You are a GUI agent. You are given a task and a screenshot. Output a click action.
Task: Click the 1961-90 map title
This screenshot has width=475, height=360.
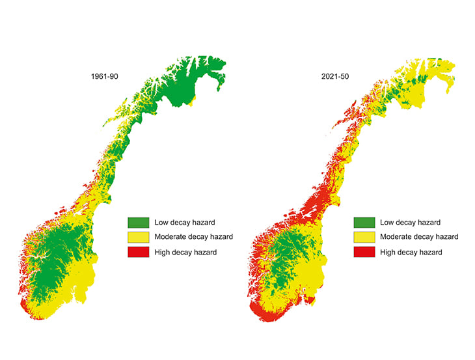[104, 77]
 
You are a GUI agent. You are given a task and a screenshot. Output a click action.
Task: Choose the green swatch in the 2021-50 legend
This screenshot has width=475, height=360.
[364, 222]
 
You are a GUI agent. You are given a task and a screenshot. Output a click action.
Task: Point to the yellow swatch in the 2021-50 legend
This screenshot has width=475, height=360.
[364, 237]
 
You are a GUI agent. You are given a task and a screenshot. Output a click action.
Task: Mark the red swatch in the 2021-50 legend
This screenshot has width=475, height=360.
[364, 252]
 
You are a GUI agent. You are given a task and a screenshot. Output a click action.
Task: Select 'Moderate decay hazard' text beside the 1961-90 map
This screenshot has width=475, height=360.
[193, 237]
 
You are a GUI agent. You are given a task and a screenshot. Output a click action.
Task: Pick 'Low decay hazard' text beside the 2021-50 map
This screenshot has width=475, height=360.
[411, 222]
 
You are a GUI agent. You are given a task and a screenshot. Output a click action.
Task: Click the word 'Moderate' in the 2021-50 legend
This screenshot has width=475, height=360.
[398, 237]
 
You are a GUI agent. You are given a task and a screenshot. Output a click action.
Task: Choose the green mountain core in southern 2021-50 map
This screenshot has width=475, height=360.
[280, 260]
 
